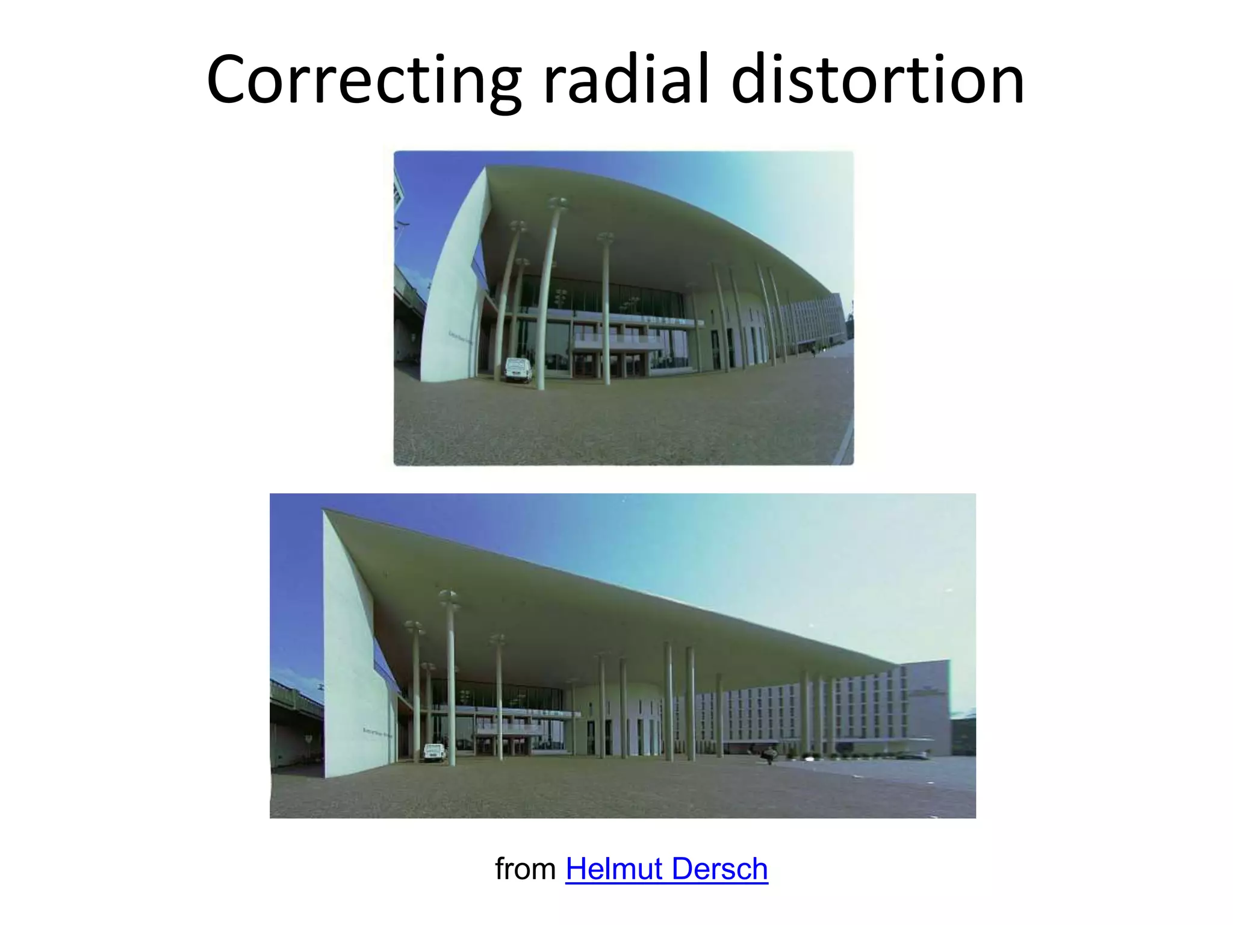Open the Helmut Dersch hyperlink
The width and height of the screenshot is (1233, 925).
coord(666,869)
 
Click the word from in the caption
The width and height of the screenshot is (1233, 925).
coord(525,869)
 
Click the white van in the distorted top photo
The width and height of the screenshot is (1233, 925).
coord(518,370)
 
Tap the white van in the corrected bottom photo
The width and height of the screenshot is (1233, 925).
coord(434,752)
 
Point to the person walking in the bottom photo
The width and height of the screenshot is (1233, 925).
coord(769,755)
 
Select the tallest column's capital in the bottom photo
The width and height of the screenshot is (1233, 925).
coord(449,597)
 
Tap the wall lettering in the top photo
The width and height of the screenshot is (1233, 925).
coord(460,337)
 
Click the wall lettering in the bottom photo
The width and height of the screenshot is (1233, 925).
coord(377,732)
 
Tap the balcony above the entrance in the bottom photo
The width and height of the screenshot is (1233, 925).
coord(509,729)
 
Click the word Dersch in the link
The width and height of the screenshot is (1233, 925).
coord(719,869)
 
